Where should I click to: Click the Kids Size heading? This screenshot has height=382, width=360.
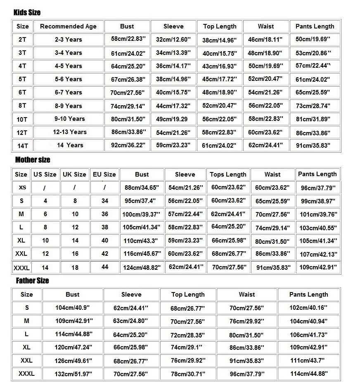tap(27, 12)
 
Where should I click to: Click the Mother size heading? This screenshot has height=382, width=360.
tap(33, 160)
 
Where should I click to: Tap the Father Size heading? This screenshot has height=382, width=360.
tap(32, 281)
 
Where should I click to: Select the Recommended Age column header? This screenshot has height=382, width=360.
tap(68, 26)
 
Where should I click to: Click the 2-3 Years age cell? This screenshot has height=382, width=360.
tap(68, 40)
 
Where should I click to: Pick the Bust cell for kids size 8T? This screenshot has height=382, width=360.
tap(127, 106)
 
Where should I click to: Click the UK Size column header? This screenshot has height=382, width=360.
tap(75, 174)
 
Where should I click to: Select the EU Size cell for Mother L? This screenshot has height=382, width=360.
tap(105, 227)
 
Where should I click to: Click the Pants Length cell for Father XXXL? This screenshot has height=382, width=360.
tap(308, 374)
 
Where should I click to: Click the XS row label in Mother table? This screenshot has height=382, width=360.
tap(22, 187)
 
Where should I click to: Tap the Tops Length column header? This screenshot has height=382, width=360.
tap(228, 174)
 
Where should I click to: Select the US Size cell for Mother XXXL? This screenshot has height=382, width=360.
tap(45, 268)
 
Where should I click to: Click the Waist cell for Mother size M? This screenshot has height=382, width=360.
tap(272, 215)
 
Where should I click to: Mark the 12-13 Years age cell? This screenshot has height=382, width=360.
tap(70, 132)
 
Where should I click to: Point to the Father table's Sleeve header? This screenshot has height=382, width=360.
tap(131, 295)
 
